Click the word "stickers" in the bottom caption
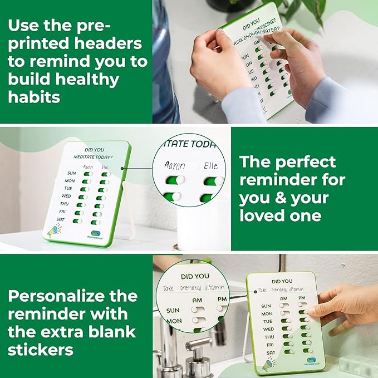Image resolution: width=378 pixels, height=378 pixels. pos(40,350)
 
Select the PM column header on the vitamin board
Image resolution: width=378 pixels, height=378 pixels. pos(302,298)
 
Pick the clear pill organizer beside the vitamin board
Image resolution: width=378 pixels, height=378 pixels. pos(356,365)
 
